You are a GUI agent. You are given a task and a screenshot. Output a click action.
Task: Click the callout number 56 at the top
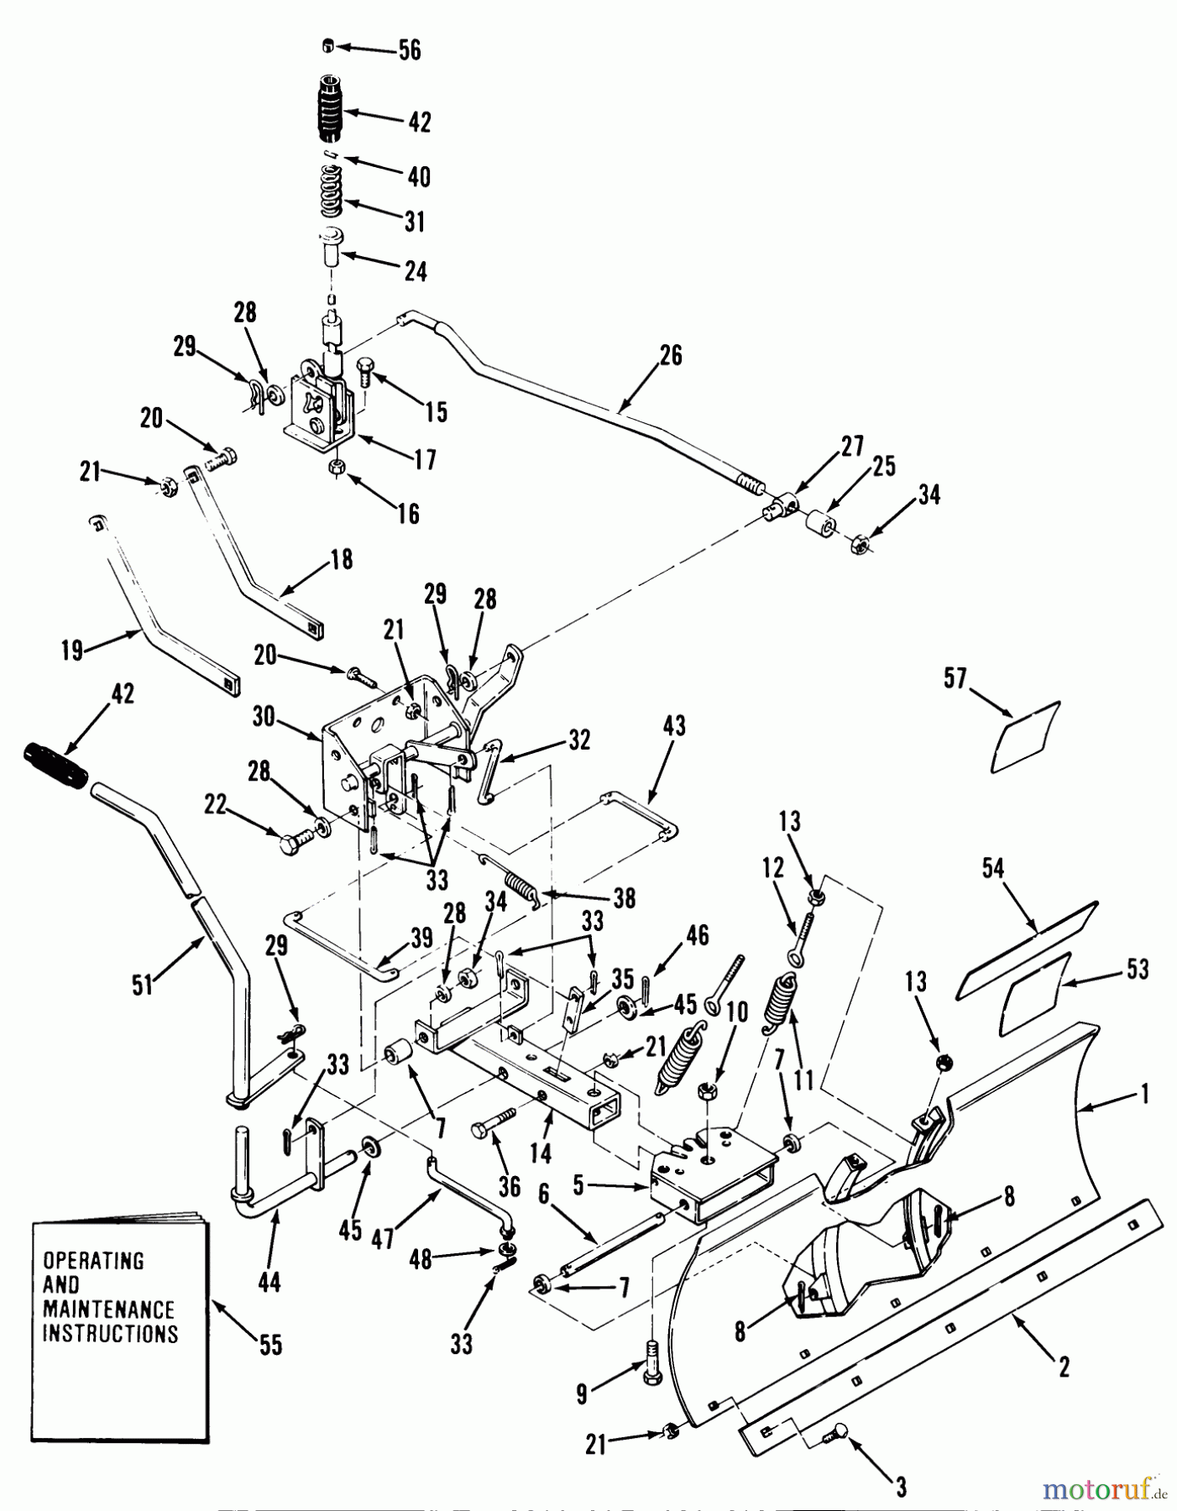409,50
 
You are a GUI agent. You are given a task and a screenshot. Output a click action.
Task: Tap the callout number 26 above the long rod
671,356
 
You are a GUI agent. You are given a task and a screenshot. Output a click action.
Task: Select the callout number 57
955,678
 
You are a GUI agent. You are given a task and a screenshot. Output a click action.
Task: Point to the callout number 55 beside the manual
270,1345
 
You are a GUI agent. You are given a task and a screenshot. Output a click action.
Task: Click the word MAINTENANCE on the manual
109,1309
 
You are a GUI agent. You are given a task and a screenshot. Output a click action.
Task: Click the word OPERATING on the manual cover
94,1261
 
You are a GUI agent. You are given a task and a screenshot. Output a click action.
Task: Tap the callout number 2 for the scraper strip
1064,1367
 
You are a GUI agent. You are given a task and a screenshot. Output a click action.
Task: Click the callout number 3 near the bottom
900,1487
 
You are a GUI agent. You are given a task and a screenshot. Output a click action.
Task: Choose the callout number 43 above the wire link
674,725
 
